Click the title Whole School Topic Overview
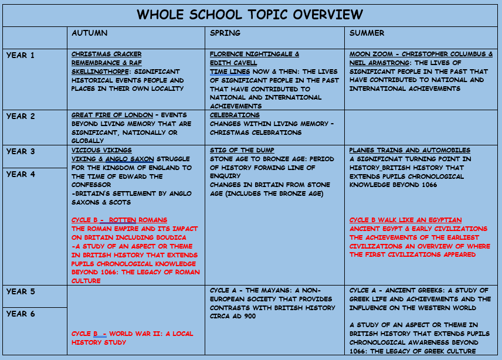click(250, 14)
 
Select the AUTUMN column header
click(89, 33)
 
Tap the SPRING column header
click(225, 33)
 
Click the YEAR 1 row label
click(21, 56)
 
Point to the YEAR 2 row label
click(21, 117)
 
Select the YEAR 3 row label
click(21, 152)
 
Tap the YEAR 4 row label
click(21, 174)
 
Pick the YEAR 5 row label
click(21, 291)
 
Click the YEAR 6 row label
click(21, 314)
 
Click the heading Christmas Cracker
click(106, 55)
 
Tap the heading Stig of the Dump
click(242, 151)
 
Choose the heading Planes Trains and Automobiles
click(409, 151)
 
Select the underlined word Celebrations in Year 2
click(235, 116)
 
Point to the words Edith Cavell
click(233, 63)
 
